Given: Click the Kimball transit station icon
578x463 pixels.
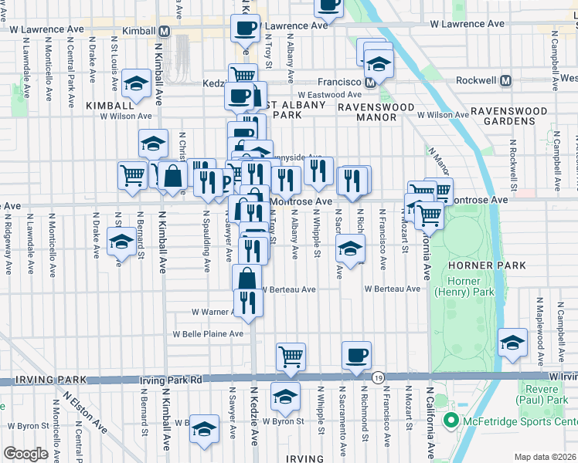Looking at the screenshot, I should [x=164, y=32].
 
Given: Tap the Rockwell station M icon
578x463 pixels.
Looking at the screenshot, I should [x=506, y=80].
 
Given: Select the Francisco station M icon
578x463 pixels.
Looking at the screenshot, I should [x=371, y=81].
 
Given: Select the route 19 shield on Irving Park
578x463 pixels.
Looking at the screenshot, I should [x=377, y=377].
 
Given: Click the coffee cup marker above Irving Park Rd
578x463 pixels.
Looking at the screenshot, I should [x=356, y=356].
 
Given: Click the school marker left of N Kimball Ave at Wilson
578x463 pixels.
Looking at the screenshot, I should [x=136, y=86].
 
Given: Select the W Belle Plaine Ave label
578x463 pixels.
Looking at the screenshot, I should [x=208, y=334].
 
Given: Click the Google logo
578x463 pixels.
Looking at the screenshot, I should [x=25, y=454].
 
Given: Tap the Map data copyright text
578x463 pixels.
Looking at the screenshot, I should [x=545, y=457].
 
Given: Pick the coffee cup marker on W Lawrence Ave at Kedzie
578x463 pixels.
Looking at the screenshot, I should [x=245, y=29].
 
